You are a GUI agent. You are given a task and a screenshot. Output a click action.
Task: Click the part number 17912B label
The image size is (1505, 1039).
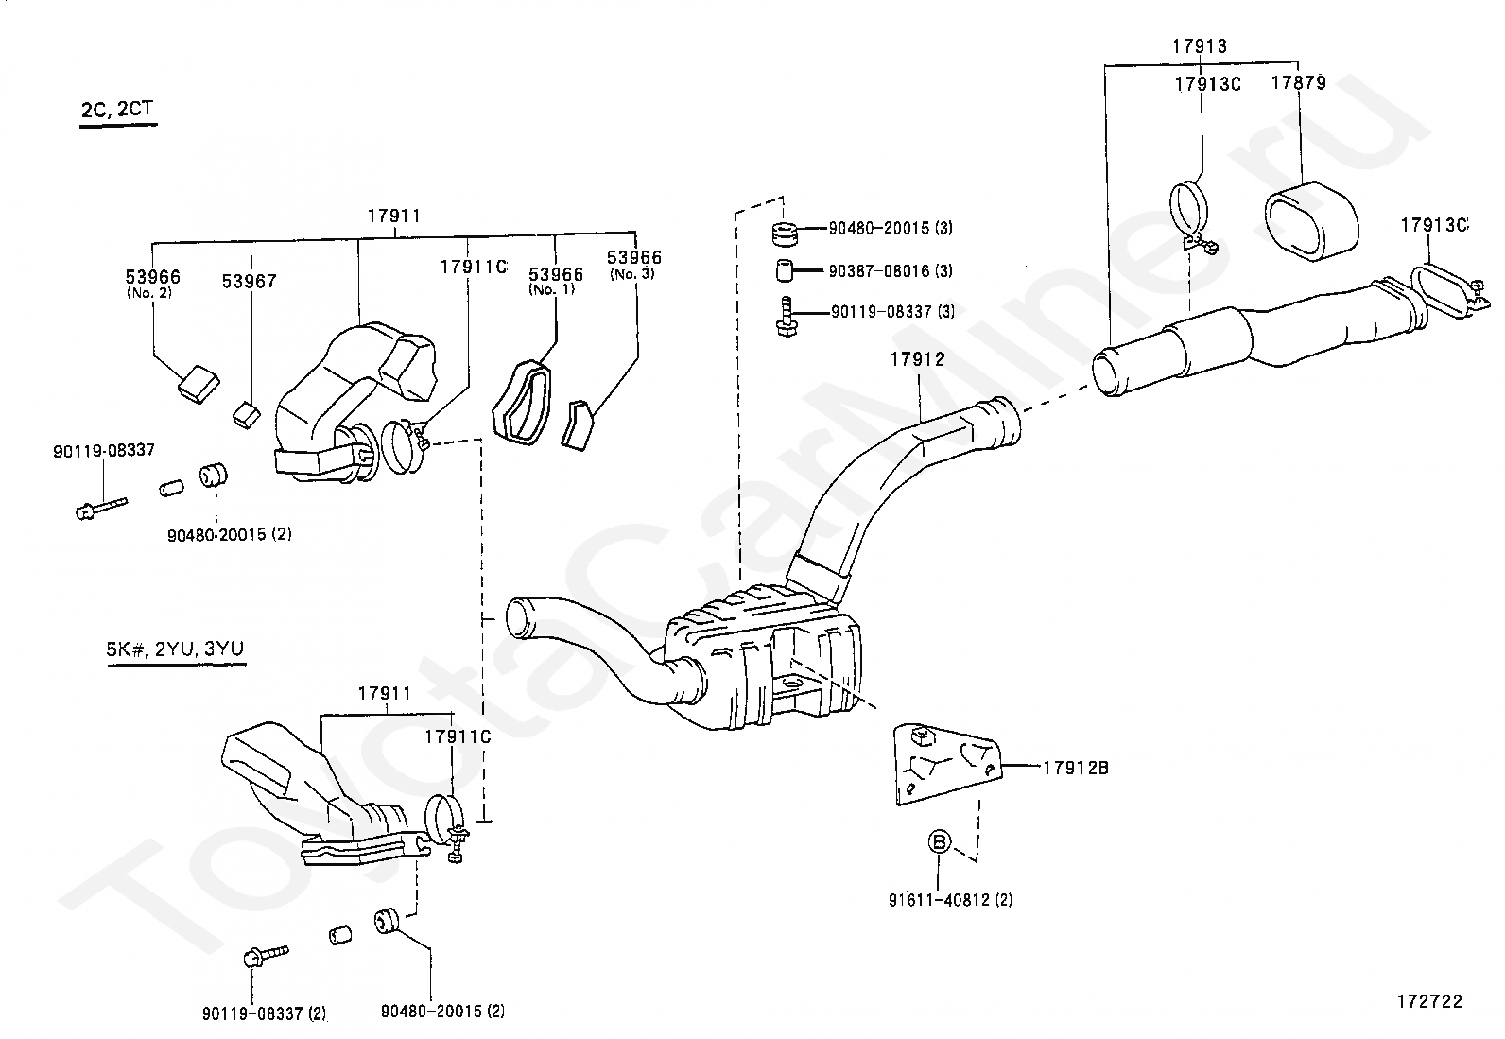[x=1075, y=768]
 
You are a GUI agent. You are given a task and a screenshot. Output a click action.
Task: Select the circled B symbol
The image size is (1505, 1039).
[x=939, y=840]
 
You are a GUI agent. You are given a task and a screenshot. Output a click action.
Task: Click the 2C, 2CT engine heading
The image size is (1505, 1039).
[x=117, y=110]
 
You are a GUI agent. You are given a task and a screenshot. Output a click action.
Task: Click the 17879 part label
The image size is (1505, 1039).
[x=1298, y=82]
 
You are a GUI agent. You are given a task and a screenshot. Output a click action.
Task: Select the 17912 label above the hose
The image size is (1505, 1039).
[x=916, y=359]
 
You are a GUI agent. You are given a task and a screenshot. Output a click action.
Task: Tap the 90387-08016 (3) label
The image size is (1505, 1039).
[x=891, y=271]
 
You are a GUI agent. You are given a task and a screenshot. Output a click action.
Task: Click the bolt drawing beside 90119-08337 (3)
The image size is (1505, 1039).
[x=783, y=315]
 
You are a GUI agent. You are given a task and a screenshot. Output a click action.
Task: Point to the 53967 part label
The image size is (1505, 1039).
[x=250, y=281]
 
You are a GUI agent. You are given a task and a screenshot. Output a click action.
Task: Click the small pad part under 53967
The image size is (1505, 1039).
[x=247, y=413]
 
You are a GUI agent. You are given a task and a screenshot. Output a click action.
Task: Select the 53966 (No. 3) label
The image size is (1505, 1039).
[x=633, y=263]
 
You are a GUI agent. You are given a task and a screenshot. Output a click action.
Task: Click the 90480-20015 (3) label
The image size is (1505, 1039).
[x=891, y=228]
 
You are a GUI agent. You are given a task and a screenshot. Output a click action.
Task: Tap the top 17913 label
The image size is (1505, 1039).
[x=1200, y=45]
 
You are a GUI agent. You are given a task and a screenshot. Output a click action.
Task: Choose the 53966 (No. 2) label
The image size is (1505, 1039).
[x=152, y=283]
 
